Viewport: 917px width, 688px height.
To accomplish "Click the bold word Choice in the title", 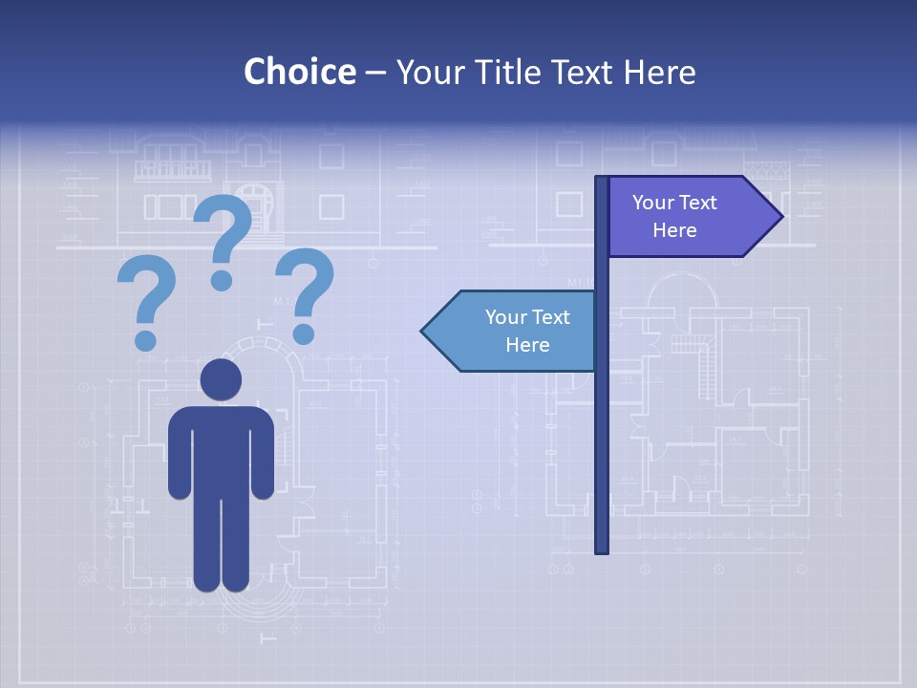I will click(x=299, y=72).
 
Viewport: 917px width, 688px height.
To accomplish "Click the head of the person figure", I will click(x=221, y=379).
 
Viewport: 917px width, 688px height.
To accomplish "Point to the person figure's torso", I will click(x=221, y=449).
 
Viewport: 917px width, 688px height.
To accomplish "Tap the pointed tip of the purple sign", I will click(x=780, y=216).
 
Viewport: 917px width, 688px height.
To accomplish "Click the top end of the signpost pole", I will click(x=602, y=180).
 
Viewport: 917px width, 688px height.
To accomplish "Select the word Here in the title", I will click(x=659, y=72).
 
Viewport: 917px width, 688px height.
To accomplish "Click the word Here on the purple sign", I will click(x=674, y=230).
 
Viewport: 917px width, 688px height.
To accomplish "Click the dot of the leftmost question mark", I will click(x=145, y=339).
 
